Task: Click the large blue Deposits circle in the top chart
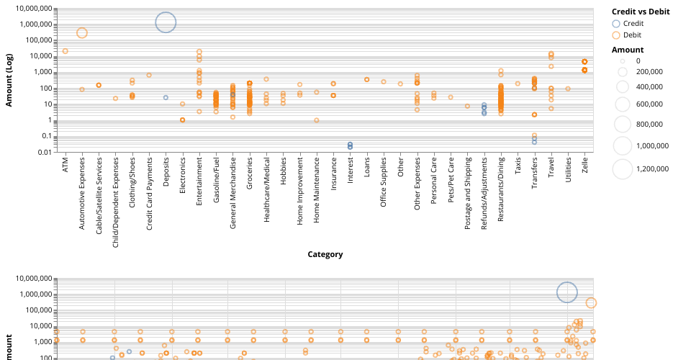[166, 22]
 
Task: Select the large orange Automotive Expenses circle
[82, 32]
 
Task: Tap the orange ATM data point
[66, 51]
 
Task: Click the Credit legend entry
[633, 24]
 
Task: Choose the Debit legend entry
[632, 35]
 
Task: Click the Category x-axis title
[325, 254]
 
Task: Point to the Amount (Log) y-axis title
[9, 80]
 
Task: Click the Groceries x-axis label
[250, 174]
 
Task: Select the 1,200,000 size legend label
[654, 169]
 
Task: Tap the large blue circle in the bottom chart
[567, 292]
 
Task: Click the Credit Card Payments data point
[149, 75]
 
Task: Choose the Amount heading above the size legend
[627, 50]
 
